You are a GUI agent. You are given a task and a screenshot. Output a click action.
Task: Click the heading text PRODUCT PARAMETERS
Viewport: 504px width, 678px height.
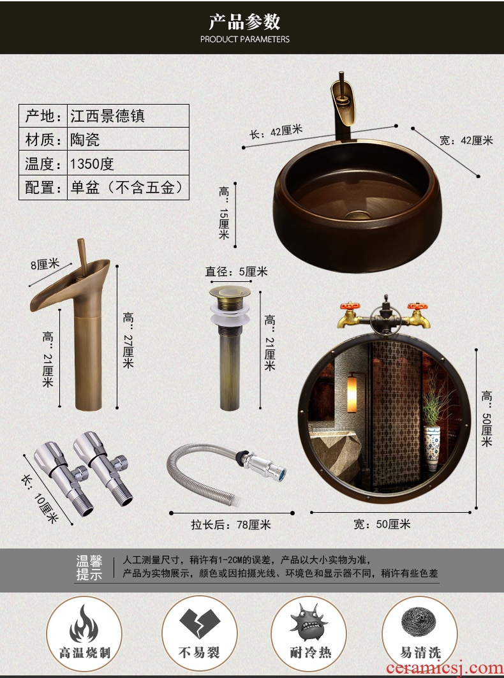tap(245, 40)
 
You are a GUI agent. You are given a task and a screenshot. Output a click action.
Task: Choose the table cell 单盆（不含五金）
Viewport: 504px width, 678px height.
tap(128, 188)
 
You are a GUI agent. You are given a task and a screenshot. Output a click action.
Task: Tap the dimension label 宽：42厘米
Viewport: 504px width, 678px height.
tap(466, 140)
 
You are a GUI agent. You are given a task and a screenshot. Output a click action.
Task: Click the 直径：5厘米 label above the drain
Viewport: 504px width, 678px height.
tap(236, 272)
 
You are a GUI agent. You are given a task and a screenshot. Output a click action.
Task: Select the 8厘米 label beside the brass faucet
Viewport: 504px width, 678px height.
tap(45, 264)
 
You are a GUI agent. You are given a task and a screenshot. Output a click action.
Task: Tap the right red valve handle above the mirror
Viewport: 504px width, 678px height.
tap(417, 307)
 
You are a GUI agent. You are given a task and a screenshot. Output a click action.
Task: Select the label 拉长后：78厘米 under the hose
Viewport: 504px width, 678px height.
tap(231, 525)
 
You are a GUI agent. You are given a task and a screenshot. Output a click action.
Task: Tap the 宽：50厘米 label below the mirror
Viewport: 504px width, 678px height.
tap(382, 524)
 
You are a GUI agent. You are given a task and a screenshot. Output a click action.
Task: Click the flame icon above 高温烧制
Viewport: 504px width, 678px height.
tap(84, 623)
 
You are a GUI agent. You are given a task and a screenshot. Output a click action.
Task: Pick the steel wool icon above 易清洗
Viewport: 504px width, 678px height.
tap(419, 624)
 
